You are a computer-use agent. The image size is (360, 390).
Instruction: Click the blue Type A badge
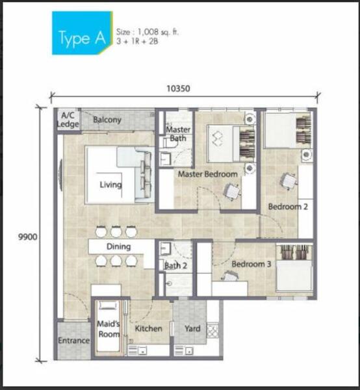tap(82, 32)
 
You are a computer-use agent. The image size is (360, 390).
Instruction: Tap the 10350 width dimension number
tap(178, 88)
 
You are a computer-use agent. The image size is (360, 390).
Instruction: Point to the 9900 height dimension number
tap(27, 237)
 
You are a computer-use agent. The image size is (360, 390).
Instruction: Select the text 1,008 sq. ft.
tap(158, 32)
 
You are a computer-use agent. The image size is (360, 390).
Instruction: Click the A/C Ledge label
tap(68, 120)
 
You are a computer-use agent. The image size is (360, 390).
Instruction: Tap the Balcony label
tap(107, 120)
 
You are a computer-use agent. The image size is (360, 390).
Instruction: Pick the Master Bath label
tap(178, 134)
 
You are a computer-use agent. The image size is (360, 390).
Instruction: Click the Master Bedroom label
tap(208, 174)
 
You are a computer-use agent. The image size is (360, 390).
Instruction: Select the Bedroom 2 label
tap(288, 207)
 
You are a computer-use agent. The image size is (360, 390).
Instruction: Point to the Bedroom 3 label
tap(251, 264)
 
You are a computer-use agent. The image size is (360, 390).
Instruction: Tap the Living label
tap(110, 185)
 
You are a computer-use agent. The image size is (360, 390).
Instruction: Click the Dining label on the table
tap(118, 246)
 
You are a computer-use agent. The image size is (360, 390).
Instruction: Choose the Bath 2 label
tap(175, 266)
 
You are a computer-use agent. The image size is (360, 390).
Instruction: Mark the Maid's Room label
tap(108, 329)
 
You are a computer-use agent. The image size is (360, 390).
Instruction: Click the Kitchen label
tap(148, 328)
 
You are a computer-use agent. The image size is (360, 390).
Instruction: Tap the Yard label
tap(192, 328)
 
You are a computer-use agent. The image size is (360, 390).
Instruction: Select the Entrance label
tap(74, 340)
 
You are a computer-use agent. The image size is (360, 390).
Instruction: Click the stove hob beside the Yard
tap(213, 331)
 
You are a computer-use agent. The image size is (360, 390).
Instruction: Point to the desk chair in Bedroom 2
tap(289, 181)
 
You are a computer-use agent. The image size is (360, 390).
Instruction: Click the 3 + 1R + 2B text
tap(137, 42)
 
